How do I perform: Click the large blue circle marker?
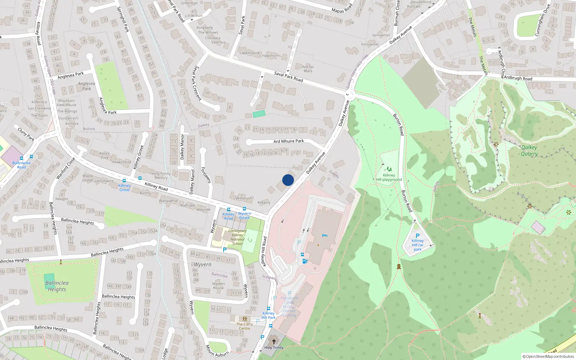pyautogui.click(x=288, y=180)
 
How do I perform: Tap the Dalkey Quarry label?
pyautogui.click(x=529, y=150)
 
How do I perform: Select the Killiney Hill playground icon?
pyautogui.click(x=389, y=169)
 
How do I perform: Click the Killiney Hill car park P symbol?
pyautogui.click(x=418, y=236)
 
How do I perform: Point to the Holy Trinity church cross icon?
pyautogui.click(x=274, y=341)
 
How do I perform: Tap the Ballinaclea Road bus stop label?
pyautogui.click(x=21, y=165)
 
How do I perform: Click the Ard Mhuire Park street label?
pyautogui.click(x=288, y=141)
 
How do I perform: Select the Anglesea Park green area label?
pyautogui.click(x=86, y=86)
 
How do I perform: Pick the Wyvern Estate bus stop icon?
pyautogui.click(x=244, y=209)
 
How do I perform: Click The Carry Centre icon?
pyautogui.click(x=245, y=319)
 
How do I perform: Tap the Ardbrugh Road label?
pyautogui.click(x=518, y=78)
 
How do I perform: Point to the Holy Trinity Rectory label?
pyautogui.click(x=161, y=176)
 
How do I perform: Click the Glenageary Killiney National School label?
pyautogui.click(x=237, y=237)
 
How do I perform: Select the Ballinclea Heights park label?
pyautogui.click(x=57, y=286)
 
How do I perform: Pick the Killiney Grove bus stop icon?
pyautogui.click(x=124, y=181)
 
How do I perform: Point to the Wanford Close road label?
pyautogui.click(x=66, y=168)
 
